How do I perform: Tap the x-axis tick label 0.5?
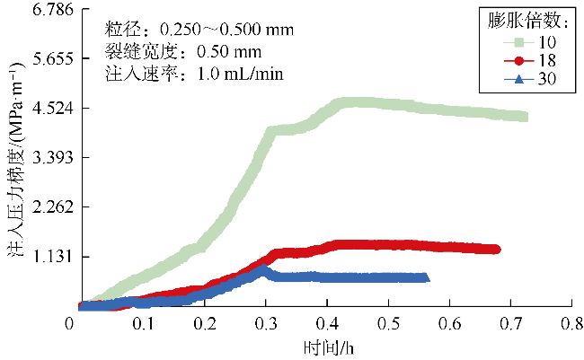(x=388, y=322)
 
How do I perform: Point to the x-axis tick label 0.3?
(x=266, y=322)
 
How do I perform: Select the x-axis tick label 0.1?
(x=144, y=322)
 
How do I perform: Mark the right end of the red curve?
(x=496, y=250)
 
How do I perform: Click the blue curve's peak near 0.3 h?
(x=263, y=267)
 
